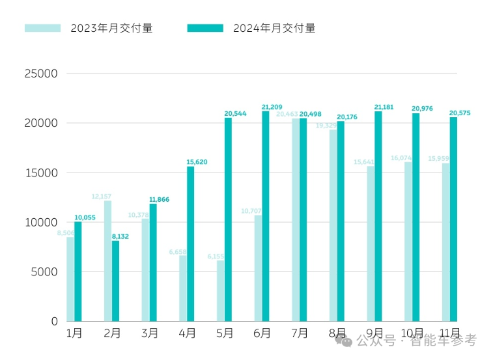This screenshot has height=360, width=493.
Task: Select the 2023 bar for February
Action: [x=107, y=260]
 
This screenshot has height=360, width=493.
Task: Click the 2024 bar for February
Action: [x=115, y=281]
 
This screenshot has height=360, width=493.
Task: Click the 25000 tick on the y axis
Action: [x=41, y=74]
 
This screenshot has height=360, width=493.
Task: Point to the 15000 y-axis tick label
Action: [x=41, y=173]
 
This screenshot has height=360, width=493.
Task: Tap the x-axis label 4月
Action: [x=187, y=333]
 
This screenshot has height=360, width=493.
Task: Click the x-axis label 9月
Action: [x=374, y=333]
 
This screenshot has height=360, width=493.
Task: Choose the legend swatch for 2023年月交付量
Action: [x=42, y=28]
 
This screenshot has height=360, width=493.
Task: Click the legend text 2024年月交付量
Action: [x=274, y=28]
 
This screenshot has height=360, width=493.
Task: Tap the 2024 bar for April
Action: [x=191, y=244]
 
